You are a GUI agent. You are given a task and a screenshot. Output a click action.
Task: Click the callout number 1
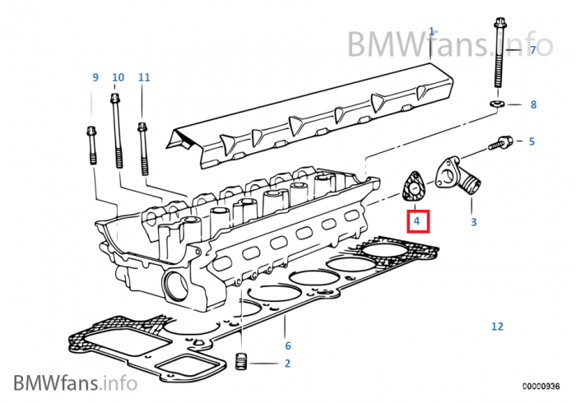431,31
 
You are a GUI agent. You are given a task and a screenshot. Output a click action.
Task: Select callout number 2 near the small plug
287,363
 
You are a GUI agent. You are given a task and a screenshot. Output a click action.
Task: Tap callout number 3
473,222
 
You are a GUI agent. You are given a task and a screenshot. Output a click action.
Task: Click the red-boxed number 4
417,221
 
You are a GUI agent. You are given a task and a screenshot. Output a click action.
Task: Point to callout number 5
532,141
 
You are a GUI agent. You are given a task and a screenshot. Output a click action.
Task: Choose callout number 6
287,345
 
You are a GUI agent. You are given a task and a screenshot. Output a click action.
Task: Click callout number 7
532,50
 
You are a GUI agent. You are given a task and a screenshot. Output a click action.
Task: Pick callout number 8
532,104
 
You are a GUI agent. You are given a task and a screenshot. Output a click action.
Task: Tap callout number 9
95,77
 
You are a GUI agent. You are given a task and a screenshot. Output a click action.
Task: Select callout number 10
118,77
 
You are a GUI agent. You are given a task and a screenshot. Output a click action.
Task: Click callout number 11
144,77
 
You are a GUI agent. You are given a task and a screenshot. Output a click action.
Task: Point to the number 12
497,327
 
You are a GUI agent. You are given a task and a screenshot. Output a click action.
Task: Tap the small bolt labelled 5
499,143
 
